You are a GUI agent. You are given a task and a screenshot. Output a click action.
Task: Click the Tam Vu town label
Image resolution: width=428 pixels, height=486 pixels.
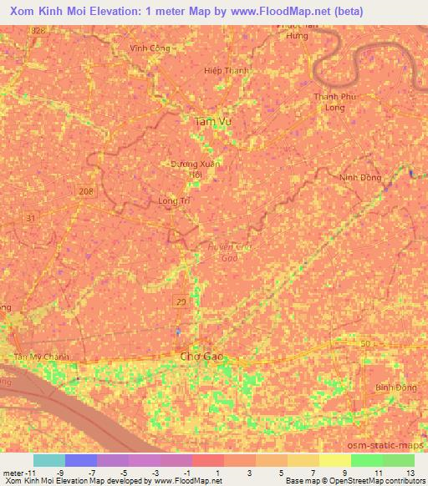pos(211,122)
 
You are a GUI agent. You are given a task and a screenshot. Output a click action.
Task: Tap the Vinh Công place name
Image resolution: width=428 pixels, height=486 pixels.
pos(150,48)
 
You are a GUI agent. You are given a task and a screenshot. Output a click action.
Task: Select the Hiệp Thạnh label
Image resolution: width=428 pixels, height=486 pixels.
pos(227,71)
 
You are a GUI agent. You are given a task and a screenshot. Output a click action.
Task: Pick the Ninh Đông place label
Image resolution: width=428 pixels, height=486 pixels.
pos(360,178)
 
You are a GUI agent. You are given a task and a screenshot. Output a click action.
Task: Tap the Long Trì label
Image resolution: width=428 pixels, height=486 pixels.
pos(174,201)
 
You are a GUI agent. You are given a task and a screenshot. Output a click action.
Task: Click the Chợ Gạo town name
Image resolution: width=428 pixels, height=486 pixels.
pos(203,357)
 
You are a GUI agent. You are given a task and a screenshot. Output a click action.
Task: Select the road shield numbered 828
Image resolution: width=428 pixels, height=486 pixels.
pos(38,30)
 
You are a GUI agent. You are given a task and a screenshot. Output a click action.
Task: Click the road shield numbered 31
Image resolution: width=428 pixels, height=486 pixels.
pos(31,218)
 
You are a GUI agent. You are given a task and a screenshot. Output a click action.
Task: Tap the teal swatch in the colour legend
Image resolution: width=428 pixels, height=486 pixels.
pos(48,460)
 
